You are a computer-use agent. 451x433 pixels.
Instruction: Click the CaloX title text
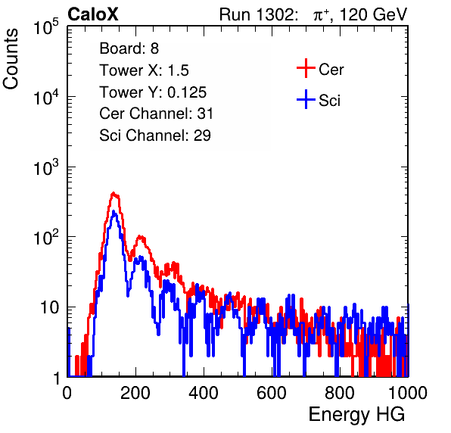coord(92,14)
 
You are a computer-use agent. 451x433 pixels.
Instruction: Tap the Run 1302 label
coord(258,14)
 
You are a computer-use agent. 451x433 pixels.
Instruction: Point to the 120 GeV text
coord(373,14)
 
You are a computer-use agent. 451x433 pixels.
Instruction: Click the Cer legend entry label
coord(331,70)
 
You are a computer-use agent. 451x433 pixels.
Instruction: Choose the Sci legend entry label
coord(330,101)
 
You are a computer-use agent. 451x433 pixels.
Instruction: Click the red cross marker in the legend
coord(306,68)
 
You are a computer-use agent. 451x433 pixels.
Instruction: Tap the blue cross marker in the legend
coord(306,99)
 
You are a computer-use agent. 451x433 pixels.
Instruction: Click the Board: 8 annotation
coord(129,48)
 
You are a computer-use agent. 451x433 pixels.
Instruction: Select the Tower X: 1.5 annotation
coord(144,70)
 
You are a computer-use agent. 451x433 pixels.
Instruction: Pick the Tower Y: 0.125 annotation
coord(153,92)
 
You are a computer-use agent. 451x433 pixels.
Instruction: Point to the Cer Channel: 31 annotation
coord(156,114)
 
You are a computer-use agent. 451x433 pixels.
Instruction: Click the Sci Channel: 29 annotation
coord(155,136)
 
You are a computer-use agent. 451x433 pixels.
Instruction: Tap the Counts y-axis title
coord(11,59)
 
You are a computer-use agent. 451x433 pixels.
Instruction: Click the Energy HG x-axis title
coord(356,415)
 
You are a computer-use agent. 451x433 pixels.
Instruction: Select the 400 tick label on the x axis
coord(204,392)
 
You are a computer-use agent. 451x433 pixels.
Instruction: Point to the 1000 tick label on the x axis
coord(408,392)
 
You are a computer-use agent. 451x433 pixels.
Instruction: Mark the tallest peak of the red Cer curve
coord(114,193)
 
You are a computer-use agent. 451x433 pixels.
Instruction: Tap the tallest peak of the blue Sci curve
coord(114,211)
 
